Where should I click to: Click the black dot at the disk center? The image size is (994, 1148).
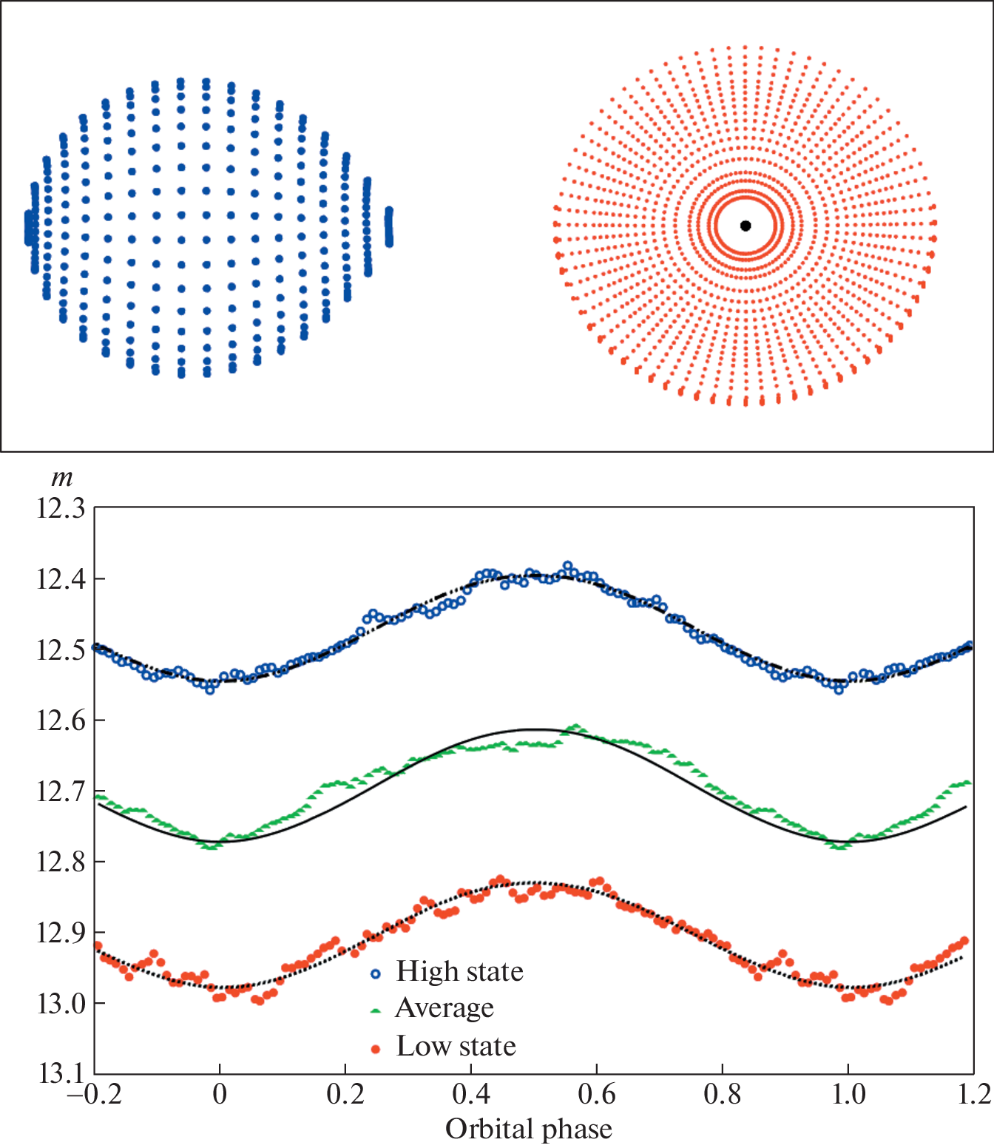745,226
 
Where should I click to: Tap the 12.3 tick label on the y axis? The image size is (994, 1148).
61,509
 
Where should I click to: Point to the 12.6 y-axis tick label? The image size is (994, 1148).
61,720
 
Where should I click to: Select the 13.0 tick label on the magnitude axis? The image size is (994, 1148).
61,1004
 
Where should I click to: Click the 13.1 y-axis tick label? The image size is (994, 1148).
61,1073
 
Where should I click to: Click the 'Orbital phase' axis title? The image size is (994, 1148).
528,1130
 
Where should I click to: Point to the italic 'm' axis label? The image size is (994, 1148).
61,479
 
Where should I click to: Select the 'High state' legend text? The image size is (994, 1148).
459,971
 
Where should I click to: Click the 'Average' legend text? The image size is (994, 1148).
444,1008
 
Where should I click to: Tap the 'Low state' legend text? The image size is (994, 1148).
456,1047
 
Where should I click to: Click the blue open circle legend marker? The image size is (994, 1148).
376,974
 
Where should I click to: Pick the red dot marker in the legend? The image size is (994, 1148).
376,1049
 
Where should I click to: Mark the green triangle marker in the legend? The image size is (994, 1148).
376,1011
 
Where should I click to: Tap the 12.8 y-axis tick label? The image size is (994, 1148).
61,862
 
